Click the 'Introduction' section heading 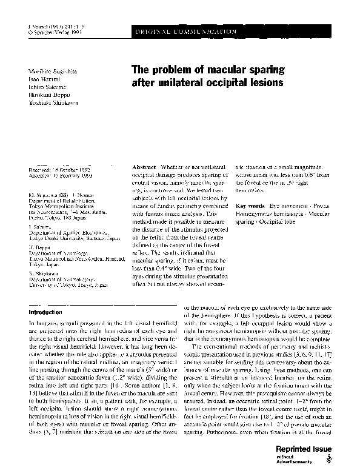(x=45, y=312)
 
